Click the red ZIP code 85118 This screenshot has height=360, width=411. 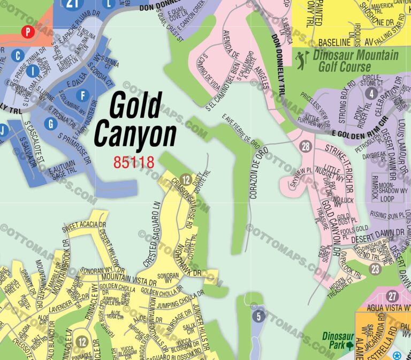pos(133,162)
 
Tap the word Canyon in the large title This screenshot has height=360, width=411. pos(135,135)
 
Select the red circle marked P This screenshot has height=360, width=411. pos(28,32)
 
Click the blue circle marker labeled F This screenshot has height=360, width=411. pos(82,96)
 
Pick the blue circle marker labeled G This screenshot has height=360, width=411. pos(51,124)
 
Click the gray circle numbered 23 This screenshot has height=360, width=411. pos(375,269)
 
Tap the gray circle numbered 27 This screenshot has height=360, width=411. pos(393,297)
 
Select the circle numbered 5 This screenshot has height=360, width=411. pos(259,316)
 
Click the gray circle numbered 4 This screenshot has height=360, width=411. pos(370,93)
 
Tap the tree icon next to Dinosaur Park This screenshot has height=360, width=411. pos(350,345)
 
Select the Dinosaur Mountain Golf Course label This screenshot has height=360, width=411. pos(355,61)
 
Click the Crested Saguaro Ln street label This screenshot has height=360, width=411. pos(152,234)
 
